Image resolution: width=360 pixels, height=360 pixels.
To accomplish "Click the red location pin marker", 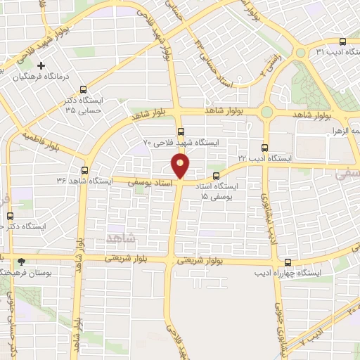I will click(x=181, y=166).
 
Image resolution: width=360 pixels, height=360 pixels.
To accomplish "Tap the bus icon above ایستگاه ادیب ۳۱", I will click(x=342, y=41).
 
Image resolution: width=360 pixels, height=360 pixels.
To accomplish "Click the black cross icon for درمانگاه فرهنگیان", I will click(x=42, y=65).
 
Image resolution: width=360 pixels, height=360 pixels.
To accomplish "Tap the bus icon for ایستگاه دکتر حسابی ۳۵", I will click(x=84, y=89).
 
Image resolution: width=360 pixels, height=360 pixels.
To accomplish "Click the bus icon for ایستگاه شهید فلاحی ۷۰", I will click(x=181, y=131).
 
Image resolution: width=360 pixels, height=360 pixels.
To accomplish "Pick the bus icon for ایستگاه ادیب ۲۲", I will click(x=264, y=148).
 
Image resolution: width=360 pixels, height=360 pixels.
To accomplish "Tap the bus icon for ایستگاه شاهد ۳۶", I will click(x=84, y=170).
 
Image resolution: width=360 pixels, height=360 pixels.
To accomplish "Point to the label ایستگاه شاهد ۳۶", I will click(x=84, y=181).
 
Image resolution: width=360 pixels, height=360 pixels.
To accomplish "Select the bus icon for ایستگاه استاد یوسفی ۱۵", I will click(x=215, y=176).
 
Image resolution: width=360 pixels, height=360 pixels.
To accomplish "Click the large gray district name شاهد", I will click(x=120, y=238).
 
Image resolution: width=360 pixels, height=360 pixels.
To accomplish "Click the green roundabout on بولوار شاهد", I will click(x=266, y=112).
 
